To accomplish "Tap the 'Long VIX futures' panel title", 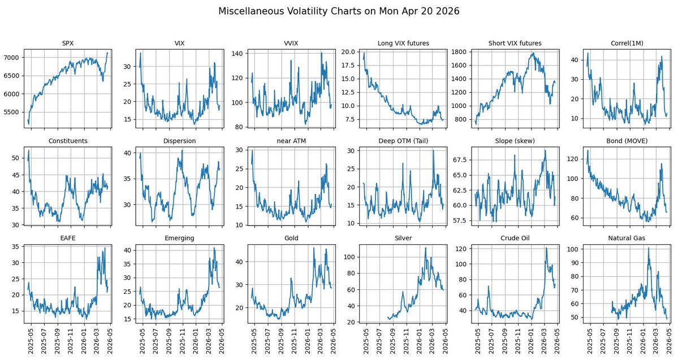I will point(403,43).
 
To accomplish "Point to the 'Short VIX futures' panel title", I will point(515,43).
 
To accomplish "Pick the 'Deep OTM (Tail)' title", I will point(403,141).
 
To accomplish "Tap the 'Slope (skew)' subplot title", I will point(515,141).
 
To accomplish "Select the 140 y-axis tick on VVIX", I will point(237,54).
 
